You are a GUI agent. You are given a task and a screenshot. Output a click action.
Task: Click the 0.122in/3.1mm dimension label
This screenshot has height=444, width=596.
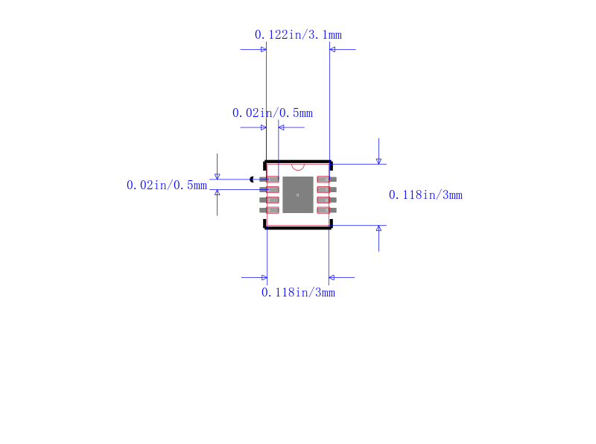click(x=298, y=35)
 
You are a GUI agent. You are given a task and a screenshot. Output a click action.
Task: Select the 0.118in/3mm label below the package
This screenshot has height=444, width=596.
click(x=298, y=293)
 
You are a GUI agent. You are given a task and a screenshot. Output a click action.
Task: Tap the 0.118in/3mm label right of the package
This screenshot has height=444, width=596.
click(x=425, y=195)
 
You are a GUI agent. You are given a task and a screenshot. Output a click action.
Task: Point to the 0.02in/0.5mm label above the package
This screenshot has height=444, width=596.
click(x=272, y=113)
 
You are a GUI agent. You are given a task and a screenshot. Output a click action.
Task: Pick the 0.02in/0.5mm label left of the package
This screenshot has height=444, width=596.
click(x=167, y=185)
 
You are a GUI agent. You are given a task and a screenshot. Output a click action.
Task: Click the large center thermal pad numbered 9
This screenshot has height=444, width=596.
click(x=298, y=195)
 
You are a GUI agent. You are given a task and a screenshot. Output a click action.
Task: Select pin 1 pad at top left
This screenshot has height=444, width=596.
click(x=272, y=180)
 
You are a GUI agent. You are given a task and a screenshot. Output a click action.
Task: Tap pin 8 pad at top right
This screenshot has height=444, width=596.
click(x=324, y=180)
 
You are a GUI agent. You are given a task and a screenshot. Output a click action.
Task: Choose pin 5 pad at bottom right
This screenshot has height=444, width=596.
click(x=324, y=210)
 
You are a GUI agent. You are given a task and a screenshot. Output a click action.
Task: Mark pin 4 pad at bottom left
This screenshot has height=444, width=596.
click(x=272, y=210)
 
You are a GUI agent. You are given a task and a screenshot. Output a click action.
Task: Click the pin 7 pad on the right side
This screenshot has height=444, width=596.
click(x=324, y=190)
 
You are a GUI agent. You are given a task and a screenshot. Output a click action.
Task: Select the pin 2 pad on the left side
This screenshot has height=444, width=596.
click(x=272, y=190)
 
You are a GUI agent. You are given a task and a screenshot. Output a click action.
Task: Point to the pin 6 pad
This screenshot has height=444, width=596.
click(x=324, y=200)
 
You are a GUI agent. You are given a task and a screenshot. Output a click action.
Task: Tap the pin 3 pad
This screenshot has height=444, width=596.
click(x=272, y=200)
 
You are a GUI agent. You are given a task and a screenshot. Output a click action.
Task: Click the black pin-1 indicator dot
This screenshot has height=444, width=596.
click(x=253, y=180)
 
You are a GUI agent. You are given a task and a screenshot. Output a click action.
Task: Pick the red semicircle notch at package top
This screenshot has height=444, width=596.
click(x=298, y=165)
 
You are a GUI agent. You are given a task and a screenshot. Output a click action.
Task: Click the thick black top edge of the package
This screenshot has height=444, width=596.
click(x=298, y=161)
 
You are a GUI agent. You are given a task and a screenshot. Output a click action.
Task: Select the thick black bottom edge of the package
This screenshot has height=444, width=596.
click(x=298, y=228)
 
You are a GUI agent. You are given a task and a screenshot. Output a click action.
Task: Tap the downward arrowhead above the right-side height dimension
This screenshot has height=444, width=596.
click(x=378, y=160)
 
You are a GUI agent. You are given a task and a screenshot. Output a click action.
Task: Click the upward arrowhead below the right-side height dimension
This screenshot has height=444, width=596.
click(x=378, y=229)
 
